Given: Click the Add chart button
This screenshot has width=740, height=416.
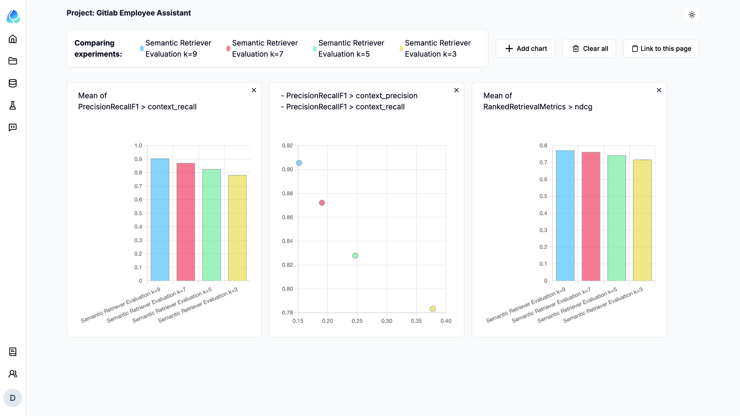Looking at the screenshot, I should [525, 48].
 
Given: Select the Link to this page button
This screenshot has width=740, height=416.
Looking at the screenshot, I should [661, 48].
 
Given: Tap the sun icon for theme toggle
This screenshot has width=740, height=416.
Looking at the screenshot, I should [692, 15].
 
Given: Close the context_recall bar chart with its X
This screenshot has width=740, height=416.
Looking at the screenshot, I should [254, 90].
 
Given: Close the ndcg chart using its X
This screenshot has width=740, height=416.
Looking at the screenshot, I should [659, 90].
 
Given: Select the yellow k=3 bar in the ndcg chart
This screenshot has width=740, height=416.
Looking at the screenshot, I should [642, 220].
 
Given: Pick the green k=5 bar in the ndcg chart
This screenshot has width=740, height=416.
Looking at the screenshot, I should [617, 218].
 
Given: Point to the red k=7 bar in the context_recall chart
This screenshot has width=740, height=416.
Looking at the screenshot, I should [186, 222].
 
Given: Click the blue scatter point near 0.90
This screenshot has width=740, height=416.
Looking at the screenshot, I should [299, 163].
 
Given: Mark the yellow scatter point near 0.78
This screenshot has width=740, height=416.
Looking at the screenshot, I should [433, 309].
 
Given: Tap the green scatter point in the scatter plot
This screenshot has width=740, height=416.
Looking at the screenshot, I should [355, 256].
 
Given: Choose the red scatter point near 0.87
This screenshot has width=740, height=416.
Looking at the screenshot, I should [322, 203].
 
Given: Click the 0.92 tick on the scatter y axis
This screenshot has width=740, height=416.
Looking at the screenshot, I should [288, 146].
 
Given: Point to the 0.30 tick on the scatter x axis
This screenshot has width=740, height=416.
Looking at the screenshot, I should [387, 321].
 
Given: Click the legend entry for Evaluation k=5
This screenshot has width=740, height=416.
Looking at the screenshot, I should [344, 48].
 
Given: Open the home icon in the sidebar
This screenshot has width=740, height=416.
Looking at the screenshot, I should [13, 39].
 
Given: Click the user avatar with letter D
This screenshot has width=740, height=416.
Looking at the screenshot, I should [13, 398].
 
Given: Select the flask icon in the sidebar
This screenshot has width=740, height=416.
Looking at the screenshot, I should [13, 105].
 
